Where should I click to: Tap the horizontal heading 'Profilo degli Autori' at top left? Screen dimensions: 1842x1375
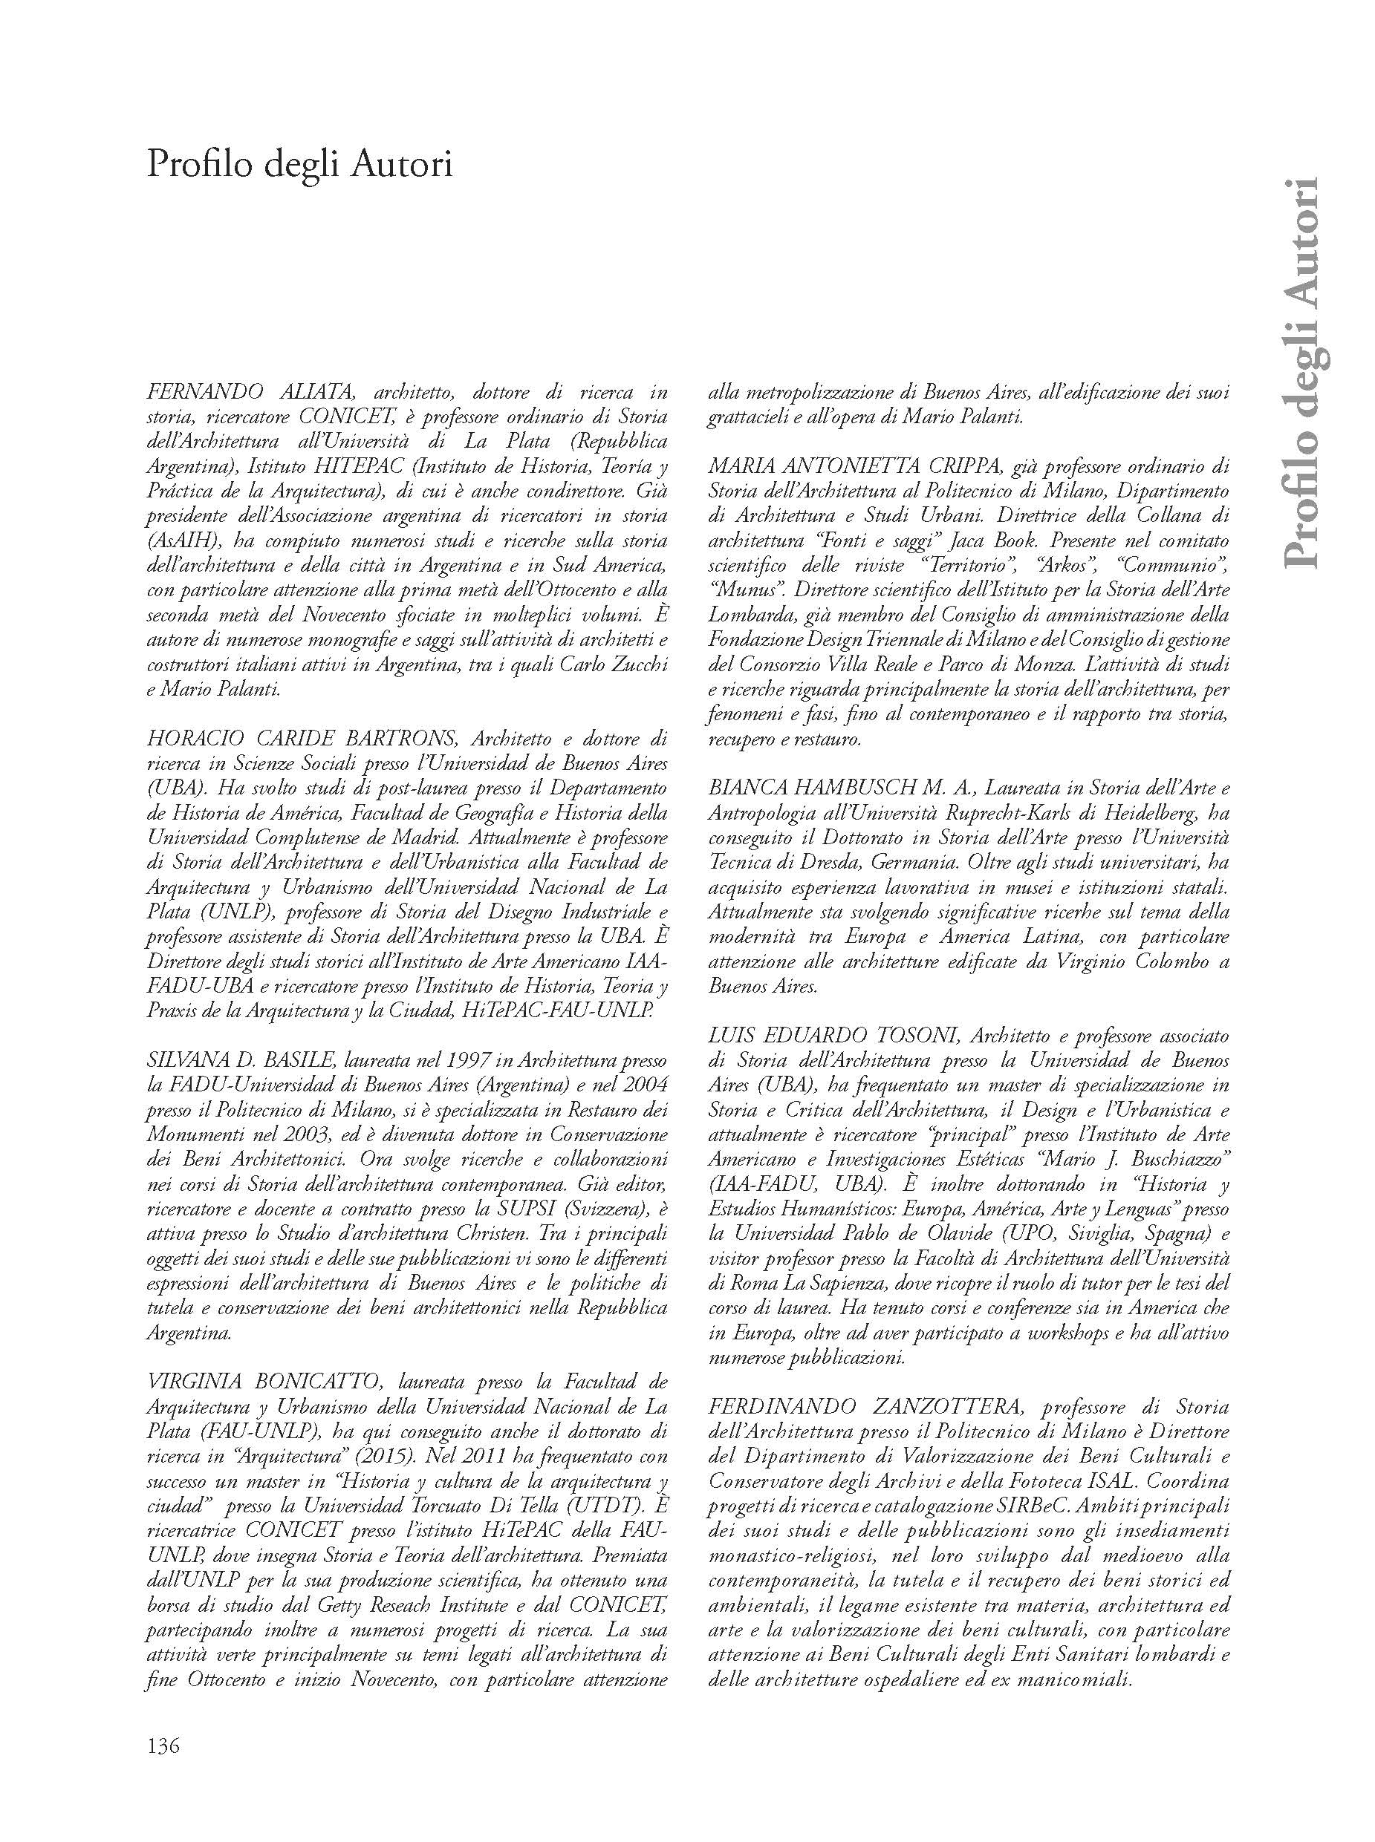coord(299,165)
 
